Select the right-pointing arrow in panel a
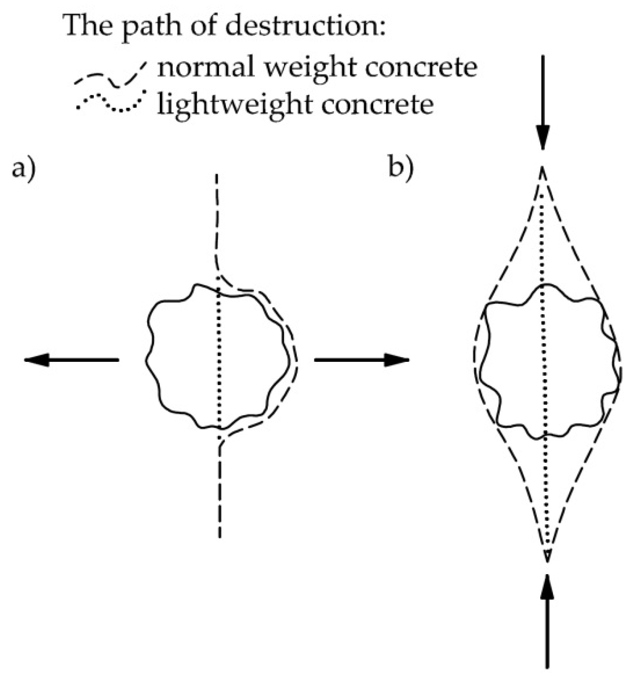click(362, 360)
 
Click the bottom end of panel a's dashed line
click(220, 536)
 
